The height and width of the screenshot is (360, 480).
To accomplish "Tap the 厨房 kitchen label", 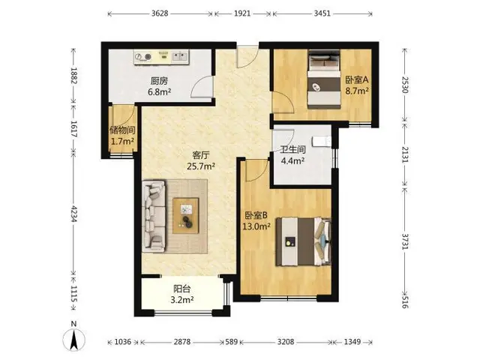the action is (x=159, y=81).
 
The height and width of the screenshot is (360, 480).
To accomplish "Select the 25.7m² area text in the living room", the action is (x=201, y=166).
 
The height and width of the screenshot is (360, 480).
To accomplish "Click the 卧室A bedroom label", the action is (x=357, y=80).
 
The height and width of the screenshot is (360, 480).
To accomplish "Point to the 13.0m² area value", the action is (x=256, y=226).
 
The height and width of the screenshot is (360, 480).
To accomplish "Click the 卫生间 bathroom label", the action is (x=293, y=149).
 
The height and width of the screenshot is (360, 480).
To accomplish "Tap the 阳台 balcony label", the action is (x=182, y=289).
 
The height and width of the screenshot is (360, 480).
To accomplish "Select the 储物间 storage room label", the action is (x=122, y=130).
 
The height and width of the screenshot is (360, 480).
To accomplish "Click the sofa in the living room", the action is (x=154, y=216).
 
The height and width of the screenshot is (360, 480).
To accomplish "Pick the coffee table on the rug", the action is (x=185, y=215).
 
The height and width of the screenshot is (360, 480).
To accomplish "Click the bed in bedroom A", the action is (x=324, y=79).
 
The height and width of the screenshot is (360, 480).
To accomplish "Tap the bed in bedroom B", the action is (x=303, y=241).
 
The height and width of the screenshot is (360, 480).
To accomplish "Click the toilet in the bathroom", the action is (x=322, y=142).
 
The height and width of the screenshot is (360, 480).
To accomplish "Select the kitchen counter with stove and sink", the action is (x=161, y=57).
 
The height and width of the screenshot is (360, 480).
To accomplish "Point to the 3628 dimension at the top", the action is (x=160, y=13).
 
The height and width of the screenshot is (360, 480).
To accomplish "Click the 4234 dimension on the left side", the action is (x=73, y=214).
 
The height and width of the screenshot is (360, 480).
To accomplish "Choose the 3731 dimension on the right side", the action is (x=405, y=241).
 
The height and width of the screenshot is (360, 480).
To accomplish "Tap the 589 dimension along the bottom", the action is (x=232, y=342).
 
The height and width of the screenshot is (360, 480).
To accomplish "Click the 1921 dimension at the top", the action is (x=242, y=13).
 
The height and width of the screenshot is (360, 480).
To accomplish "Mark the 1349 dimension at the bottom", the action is (x=352, y=342).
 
